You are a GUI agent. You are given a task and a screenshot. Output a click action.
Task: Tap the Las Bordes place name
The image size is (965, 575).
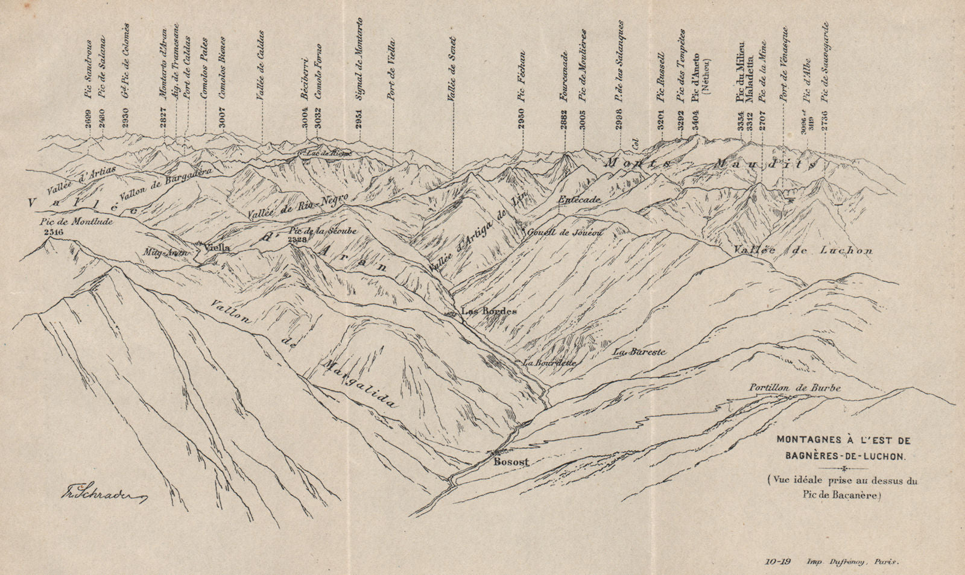coord(489,311)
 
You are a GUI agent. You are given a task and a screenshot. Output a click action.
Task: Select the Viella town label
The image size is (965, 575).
coord(218,247)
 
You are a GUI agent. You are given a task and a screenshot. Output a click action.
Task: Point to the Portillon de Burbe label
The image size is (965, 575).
coord(795,388)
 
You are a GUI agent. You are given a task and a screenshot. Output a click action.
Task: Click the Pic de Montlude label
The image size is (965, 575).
coord(66,221)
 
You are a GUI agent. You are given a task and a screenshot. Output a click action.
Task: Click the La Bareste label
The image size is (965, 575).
coord(639,351)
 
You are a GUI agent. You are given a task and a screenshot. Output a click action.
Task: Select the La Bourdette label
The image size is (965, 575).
coord(549,363)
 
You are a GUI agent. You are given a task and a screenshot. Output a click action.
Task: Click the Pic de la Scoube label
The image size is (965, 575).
coord(323,231)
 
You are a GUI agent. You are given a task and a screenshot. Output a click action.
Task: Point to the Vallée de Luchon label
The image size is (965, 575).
coord(803,250)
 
